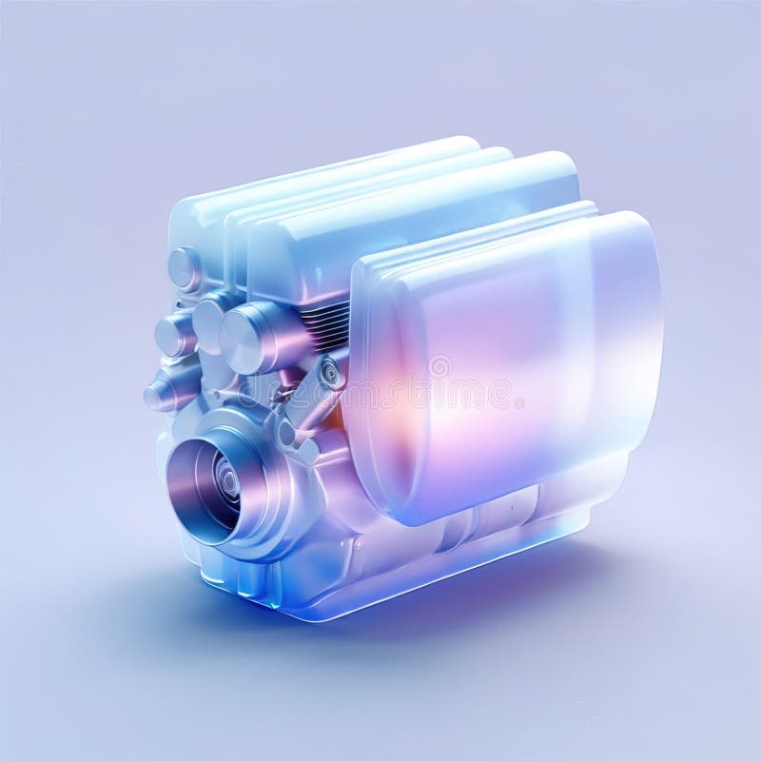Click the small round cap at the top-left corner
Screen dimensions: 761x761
point(185,268)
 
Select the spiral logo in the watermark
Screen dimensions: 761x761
point(439,366)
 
